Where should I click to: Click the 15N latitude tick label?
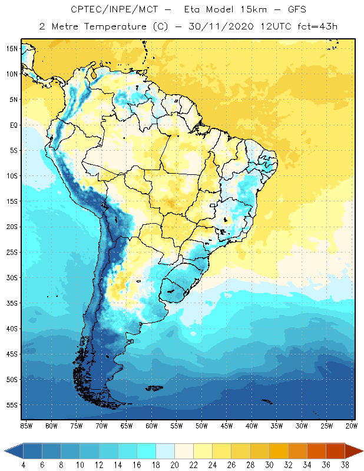12,48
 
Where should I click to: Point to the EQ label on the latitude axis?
13,125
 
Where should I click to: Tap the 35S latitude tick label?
12,303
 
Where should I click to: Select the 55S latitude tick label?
12,405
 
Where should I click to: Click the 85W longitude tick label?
26,425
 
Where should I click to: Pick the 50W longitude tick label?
202,425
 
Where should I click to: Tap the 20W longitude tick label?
351,425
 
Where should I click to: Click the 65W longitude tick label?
127,425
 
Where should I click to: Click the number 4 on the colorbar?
23,465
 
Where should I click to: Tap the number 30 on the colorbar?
269,465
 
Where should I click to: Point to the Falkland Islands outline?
154,387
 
